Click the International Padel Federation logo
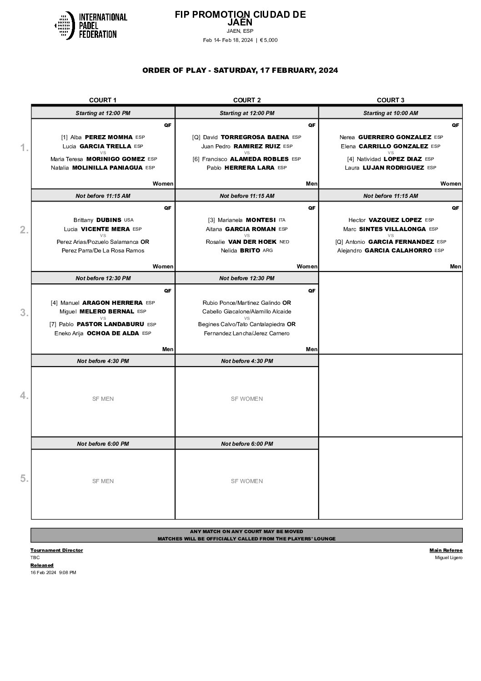pyautogui.click(x=90, y=25)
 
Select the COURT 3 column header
pyautogui.click(x=390, y=100)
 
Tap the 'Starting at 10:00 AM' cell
pyautogui.click(x=390, y=113)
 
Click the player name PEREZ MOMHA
pyautogui.click(x=109, y=137)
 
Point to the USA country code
pyautogui.click(x=129, y=220)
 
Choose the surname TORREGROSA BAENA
pyautogui.click(x=255, y=137)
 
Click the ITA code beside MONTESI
pyautogui.click(x=283, y=220)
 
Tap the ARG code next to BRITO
pyautogui.click(x=268, y=251)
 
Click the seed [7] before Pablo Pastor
pyautogui.click(x=53, y=325)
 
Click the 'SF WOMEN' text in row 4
pyautogui.click(x=246, y=399)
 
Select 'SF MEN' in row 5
pyautogui.click(x=103, y=481)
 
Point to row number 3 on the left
pyautogui.click(x=24, y=313)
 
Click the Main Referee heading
pyautogui.click(x=446, y=550)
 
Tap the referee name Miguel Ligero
pyautogui.click(x=448, y=558)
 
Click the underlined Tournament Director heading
pyautogui.click(x=57, y=550)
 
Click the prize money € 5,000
pyautogui.click(x=269, y=40)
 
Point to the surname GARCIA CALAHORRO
pyautogui.click(x=399, y=251)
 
